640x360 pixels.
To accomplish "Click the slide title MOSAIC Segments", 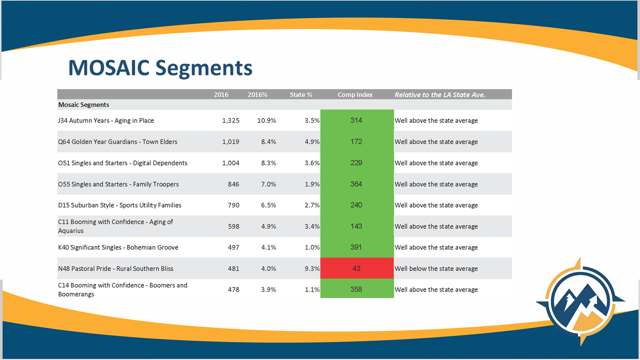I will coord(160,67).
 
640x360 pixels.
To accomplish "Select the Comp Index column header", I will coord(355,94).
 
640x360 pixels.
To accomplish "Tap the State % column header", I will coord(301,94).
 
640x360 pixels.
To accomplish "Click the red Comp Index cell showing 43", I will coord(356,268).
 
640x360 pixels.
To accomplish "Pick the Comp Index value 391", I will coord(356,247).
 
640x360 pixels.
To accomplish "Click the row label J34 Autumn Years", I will coord(106,120).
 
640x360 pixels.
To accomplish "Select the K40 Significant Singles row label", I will coord(118,247).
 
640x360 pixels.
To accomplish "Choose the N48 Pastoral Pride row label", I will coord(115,268).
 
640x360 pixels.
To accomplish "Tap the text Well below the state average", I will coord(436,268).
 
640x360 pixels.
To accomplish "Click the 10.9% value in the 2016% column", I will coord(266,120).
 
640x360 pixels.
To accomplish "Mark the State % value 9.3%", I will coord(312,268).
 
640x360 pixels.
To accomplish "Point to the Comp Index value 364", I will coord(356,184).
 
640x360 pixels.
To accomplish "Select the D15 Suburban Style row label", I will coord(119,205).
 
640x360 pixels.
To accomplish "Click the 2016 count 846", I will coord(233,184).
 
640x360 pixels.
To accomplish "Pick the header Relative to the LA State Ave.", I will coord(440,94).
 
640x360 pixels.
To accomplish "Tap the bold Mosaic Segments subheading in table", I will coord(83,105).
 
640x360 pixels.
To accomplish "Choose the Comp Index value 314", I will coord(356,120).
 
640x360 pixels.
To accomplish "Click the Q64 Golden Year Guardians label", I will coord(117,141).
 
